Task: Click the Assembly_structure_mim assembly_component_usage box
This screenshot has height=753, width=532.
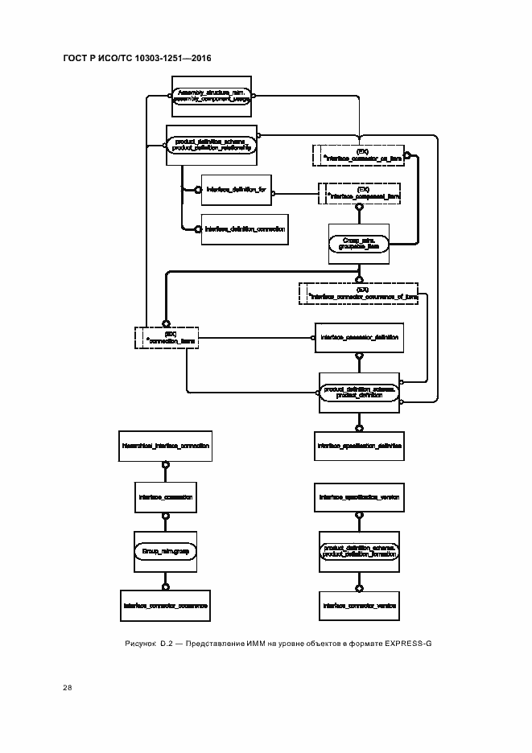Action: click(x=212, y=97)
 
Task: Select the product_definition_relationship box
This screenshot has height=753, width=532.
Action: click(x=212, y=146)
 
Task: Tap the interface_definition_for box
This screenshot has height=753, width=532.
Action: click(x=236, y=190)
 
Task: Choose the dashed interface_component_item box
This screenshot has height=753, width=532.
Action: click(x=360, y=192)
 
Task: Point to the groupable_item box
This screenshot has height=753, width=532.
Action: click(x=359, y=244)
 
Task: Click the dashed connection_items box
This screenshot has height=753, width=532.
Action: click(x=167, y=337)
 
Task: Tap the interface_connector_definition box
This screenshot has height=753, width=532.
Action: click(x=359, y=338)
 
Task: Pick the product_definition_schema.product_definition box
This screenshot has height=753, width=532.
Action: click(x=359, y=393)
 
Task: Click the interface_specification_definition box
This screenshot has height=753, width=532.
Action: click(x=359, y=445)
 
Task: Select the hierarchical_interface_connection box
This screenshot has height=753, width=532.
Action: click(x=165, y=445)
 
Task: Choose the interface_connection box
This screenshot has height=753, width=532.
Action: click(x=165, y=498)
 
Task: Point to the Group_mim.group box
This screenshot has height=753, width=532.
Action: click(x=165, y=551)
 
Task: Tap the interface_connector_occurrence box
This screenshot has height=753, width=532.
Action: click(x=165, y=604)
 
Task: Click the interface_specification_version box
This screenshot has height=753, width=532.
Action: click(x=359, y=498)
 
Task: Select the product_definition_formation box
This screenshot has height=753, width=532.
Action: click(x=359, y=551)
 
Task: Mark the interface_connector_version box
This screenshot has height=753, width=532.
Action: click(x=359, y=604)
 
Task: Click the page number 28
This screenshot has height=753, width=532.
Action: click(x=67, y=688)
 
